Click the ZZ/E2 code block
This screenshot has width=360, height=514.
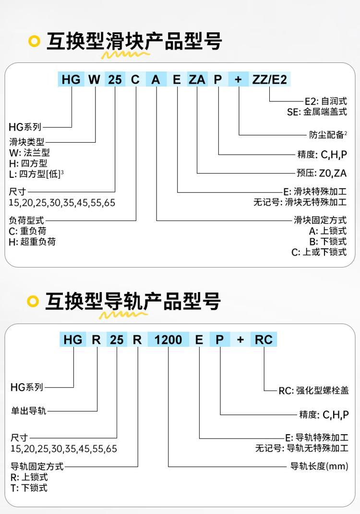point(270,79)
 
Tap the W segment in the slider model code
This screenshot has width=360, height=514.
point(95,79)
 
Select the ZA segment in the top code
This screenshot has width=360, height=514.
point(197,79)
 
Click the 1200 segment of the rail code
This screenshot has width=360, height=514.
point(168,340)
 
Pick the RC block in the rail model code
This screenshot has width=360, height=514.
point(264,340)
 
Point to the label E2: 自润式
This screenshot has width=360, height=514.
point(325,101)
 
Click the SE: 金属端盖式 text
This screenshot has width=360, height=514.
point(317,112)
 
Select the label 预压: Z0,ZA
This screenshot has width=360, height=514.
point(321,173)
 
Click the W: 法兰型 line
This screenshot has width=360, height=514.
point(29,153)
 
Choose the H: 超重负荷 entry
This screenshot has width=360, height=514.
point(33,242)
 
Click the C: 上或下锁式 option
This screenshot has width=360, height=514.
point(319,252)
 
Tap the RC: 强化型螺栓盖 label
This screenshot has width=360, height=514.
point(313,391)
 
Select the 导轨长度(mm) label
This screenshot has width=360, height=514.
point(319,466)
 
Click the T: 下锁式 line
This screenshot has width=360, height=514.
point(29,488)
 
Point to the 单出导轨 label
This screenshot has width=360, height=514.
point(28,410)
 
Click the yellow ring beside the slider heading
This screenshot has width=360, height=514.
point(34,41)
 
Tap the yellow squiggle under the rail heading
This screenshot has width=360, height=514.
point(123,315)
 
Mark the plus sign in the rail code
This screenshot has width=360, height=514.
point(240,340)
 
